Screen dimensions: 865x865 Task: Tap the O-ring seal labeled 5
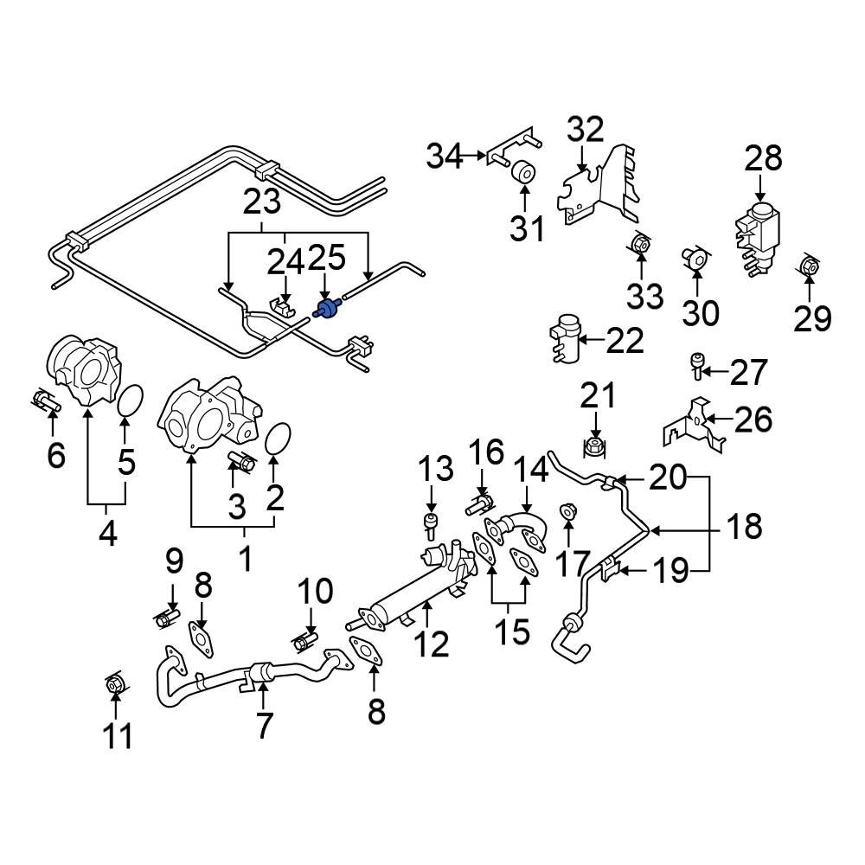click(128, 401)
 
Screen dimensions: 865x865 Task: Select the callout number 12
click(431, 644)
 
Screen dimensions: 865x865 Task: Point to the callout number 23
click(262, 203)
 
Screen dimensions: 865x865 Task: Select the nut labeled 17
click(567, 513)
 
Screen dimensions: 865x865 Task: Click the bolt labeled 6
click(43, 400)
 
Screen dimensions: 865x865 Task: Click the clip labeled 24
click(283, 306)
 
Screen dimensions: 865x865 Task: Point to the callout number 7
click(263, 726)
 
